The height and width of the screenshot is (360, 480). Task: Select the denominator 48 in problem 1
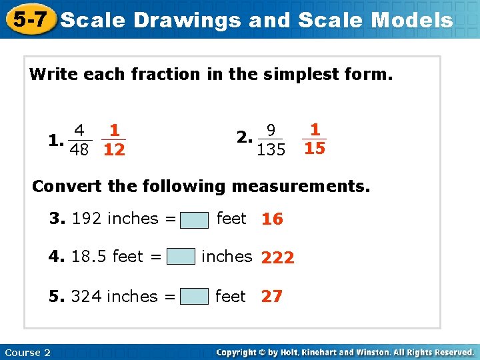pos(79,150)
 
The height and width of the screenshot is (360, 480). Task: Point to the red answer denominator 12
pos(115,150)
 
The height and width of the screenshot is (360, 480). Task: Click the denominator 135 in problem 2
pos(271,150)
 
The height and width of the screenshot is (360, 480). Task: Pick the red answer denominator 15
pos(314,148)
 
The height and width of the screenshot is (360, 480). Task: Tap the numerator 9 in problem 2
pos(271,130)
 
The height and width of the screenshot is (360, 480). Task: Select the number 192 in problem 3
pos(86,219)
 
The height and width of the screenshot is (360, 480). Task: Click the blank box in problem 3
pos(194,219)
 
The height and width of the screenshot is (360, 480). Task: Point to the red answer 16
pos(272,219)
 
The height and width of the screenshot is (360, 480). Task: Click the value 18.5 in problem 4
pos(89,257)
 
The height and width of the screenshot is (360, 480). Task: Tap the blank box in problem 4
pos(181,257)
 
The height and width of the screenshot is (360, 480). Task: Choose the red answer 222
pos(278,258)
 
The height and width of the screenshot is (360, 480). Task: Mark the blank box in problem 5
pos(194,296)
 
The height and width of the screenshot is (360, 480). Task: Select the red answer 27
pos(271,297)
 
